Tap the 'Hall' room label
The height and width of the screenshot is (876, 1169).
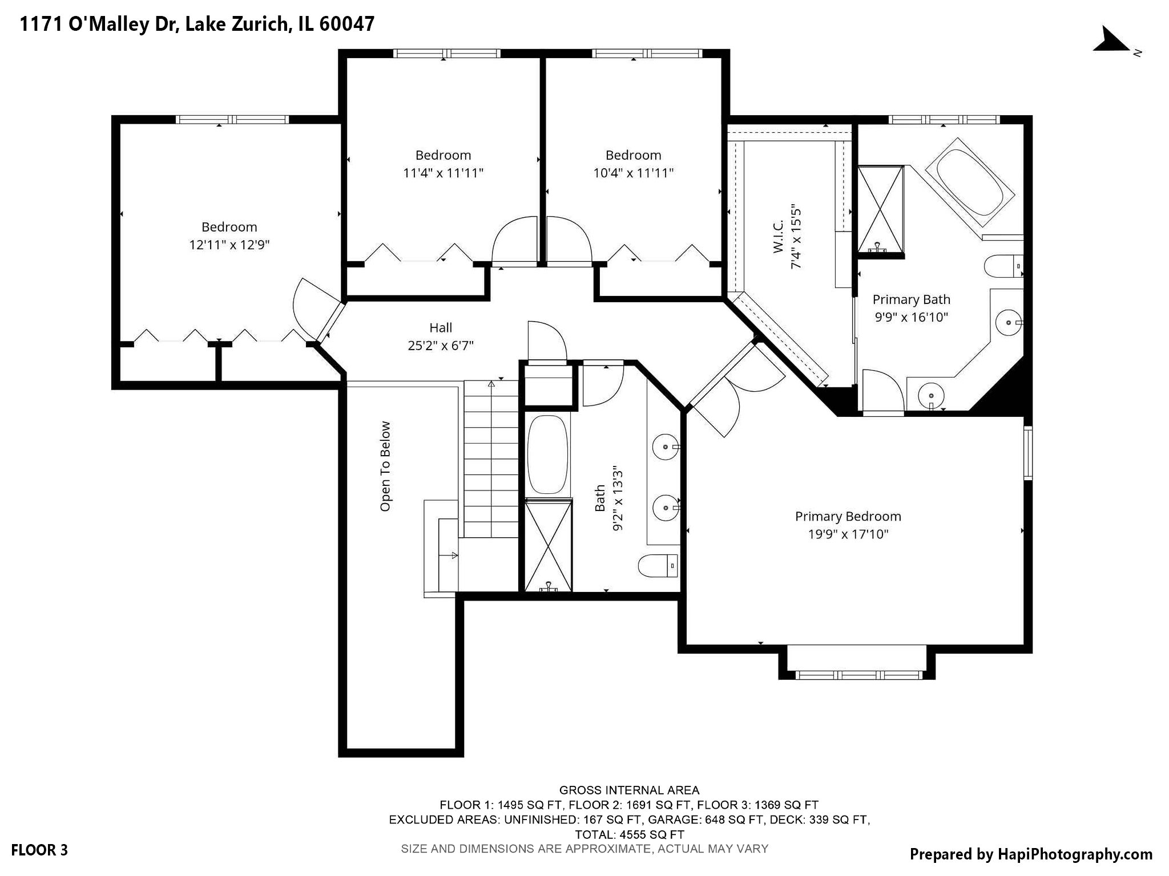tap(440, 328)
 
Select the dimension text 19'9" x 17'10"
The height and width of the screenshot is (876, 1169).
tap(848, 534)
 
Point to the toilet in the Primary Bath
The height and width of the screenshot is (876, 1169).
tap(1002, 266)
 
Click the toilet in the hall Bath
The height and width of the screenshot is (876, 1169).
tap(657, 566)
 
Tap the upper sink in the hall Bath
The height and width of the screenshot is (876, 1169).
tap(665, 447)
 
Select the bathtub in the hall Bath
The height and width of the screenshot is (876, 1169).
tap(547, 455)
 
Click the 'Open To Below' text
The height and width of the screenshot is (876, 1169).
tap(386, 466)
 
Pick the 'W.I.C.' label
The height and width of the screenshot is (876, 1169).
tap(778, 237)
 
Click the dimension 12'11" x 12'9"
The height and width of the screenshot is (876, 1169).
tap(229, 245)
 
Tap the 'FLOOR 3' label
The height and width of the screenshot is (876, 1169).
tap(39, 850)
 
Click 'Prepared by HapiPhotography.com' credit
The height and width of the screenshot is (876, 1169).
tap(1031, 854)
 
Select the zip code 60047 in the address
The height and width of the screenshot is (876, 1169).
tap(346, 24)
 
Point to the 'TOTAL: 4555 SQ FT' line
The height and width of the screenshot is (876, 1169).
tap(629, 834)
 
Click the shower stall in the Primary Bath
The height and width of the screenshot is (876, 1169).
tap(881, 208)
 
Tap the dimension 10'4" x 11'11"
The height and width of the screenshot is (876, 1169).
tap(633, 173)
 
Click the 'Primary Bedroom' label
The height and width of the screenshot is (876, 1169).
tap(848, 517)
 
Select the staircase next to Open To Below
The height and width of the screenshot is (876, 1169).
tap(490, 459)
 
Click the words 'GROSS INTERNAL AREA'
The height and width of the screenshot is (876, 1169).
tap(629, 790)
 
